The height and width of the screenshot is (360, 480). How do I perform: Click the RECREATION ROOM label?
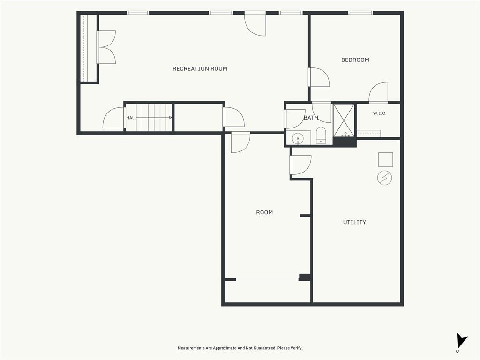[x=200, y=69]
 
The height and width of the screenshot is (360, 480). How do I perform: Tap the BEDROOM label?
[x=355, y=60]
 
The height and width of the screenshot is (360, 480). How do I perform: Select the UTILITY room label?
[x=354, y=222]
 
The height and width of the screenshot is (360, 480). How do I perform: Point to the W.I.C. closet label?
[x=380, y=113]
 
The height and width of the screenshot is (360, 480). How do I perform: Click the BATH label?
[x=311, y=118]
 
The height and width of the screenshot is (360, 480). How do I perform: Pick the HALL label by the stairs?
[x=131, y=118]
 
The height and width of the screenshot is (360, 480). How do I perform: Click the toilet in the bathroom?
[x=321, y=135]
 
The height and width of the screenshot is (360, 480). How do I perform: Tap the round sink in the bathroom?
[x=298, y=139]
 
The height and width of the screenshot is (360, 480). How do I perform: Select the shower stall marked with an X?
[x=344, y=120]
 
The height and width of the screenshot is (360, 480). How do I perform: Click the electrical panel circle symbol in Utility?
[x=384, y=178]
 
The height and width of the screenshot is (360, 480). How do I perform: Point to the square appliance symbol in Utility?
[x=385, y=159]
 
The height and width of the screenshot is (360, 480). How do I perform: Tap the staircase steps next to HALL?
[x=149, y=118]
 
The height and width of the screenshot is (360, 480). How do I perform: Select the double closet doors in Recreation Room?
[x=106, y=47]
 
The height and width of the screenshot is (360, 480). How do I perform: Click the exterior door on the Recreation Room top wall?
[x=255, y=24]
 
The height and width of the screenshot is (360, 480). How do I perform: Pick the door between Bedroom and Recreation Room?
[x=319, y=77]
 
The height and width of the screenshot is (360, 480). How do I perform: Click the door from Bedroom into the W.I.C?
[x=378, y=92]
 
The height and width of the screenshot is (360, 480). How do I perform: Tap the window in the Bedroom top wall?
[x=360, y=13]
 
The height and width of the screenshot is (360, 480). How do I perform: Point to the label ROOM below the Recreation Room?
[x=264, y=212]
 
